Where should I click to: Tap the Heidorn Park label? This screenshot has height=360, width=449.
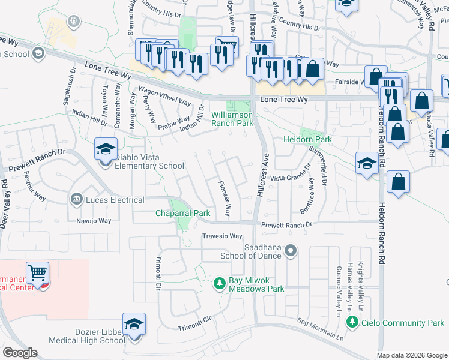(x=307, y=139)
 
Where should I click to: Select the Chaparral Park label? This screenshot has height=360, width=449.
(x=182, y=213)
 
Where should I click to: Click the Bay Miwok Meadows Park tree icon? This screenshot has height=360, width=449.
(x=220, y=282)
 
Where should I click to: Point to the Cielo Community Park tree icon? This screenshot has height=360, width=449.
(x=352, y=323)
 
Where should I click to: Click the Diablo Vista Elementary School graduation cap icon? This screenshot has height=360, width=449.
(x=105, y=149)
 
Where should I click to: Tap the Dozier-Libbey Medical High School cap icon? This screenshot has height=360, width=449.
(x=134, y=324)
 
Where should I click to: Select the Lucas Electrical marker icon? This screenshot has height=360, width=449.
(x=76, y=198)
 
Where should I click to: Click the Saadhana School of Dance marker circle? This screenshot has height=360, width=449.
(x=291, y=251)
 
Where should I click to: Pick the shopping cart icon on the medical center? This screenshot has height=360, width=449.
(x=37, y=272)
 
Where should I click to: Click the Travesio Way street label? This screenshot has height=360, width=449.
(x=221, y=236)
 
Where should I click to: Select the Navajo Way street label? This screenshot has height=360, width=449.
(x=94, y=221)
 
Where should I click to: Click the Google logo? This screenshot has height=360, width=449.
(x=20, y=353)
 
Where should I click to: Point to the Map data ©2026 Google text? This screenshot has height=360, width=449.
(x=411, y=355)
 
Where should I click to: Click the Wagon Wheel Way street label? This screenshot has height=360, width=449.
(x=164, y=96)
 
